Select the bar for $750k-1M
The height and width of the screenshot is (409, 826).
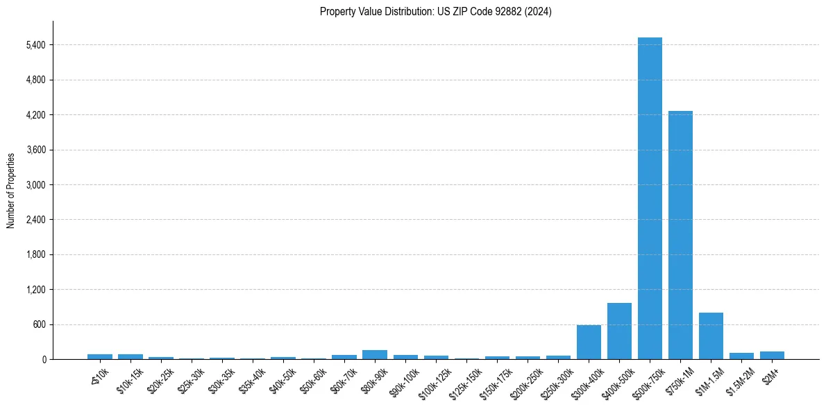click(680, 235)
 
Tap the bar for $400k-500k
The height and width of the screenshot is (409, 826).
click(619, 331)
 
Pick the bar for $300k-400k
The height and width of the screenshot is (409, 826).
click(589, 342)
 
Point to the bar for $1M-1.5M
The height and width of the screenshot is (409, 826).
click(711, 336)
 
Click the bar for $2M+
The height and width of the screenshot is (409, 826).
click(772, 356)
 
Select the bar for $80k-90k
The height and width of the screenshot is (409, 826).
click(375, 355)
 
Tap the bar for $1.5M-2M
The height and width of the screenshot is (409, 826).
click(741, 356)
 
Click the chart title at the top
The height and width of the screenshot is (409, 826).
click(436, 12)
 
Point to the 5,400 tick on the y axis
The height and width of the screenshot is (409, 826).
click(35, 45)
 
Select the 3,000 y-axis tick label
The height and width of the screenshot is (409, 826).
click(35, 185)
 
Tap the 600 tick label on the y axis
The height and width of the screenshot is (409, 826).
click(40, 324)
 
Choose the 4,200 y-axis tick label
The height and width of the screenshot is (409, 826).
click(35, 115)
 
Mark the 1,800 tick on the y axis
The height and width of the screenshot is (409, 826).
click(35, 255)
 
